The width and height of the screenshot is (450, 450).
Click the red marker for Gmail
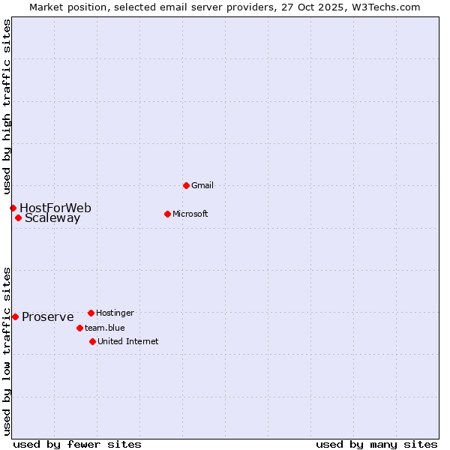click(186, 185)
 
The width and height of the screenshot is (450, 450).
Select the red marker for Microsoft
click(167, 214)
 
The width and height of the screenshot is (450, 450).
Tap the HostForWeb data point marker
click(13, 208)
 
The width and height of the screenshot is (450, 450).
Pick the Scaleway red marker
click(18, 218)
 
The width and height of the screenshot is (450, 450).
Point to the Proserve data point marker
click(15, 316)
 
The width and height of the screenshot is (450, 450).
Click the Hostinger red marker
click(91, 313)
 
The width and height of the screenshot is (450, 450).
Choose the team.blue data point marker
click(79, 328)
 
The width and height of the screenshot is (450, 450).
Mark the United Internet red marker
click(92, 341)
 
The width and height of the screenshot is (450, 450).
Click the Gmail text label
click(202, 185)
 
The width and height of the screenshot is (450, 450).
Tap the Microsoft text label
click(190, 214)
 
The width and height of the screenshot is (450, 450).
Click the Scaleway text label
click(52, 218)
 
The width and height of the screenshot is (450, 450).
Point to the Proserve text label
click(48, 316)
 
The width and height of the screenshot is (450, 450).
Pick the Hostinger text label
click(115, 313)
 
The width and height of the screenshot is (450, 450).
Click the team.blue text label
click(105, 328)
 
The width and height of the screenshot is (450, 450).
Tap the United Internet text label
click(128, 341)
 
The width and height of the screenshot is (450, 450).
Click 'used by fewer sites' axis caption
click(77, 444)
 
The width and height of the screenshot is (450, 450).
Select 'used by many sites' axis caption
click(376, 444)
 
